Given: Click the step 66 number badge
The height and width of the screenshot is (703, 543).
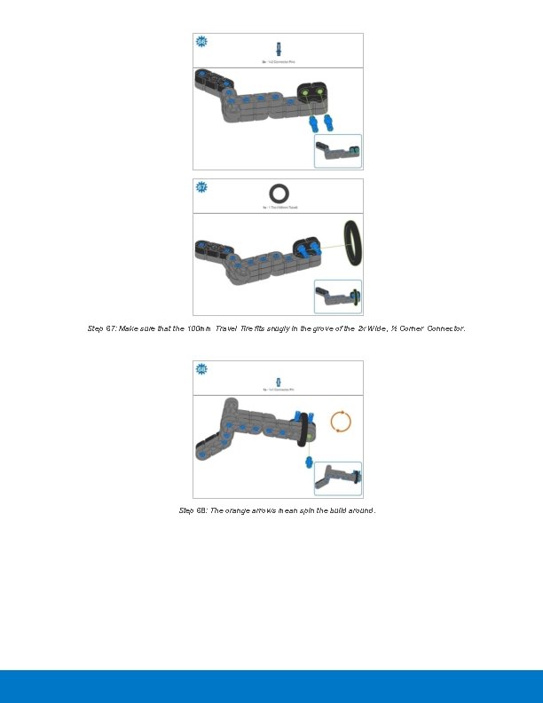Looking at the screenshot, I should (x=201, y=42).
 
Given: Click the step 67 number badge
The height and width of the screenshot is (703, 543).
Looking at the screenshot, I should (x=201, y=187).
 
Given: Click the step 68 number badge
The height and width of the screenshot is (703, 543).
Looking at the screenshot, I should (x=201, y=368).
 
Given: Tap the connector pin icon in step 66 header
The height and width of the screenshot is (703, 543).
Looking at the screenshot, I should (x=278, y=48).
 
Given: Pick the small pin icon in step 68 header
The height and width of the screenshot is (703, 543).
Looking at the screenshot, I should (x=278, y=376).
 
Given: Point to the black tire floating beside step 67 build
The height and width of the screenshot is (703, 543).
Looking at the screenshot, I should (x=352, y=242).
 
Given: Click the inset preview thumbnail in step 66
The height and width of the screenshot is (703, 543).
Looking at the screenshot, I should (x=338, y=151).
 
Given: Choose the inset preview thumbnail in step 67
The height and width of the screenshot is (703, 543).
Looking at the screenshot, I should (x=338, y=296).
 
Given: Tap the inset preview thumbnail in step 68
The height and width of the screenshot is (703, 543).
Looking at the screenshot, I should (x=338, y=478).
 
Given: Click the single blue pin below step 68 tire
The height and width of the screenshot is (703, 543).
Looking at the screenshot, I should (x=310, y=462).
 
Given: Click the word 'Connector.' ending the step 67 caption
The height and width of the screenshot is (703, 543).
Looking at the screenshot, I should (x=445, y=328).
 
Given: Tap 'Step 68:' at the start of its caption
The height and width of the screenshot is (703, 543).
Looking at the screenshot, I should (x=193, y=510).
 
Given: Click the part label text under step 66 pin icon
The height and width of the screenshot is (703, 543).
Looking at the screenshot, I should (x=278, y=62).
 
